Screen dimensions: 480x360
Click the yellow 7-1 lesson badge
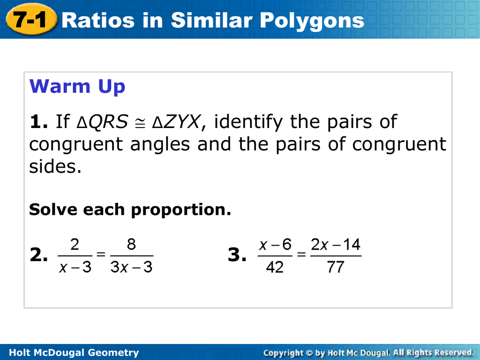[31, 19]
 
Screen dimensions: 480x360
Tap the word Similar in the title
[211, 20]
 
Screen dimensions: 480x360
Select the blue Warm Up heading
[77, 87]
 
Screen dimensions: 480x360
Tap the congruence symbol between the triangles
[140, 123]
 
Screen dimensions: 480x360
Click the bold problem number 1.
[38, 121]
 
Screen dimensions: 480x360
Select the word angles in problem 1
[160, 145]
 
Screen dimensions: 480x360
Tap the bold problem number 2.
[38, 255]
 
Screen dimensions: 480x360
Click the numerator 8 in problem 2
[131, 244]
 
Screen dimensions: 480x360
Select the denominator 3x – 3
[131, 267]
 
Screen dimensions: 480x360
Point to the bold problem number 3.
[237, 255]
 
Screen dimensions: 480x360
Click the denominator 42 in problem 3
[275, 267]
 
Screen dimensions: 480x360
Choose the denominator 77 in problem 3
[336, 267]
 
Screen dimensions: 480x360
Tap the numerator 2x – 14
[336, 244]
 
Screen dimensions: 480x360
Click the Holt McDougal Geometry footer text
[74, 352]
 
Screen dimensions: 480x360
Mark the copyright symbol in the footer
[308, 353]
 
